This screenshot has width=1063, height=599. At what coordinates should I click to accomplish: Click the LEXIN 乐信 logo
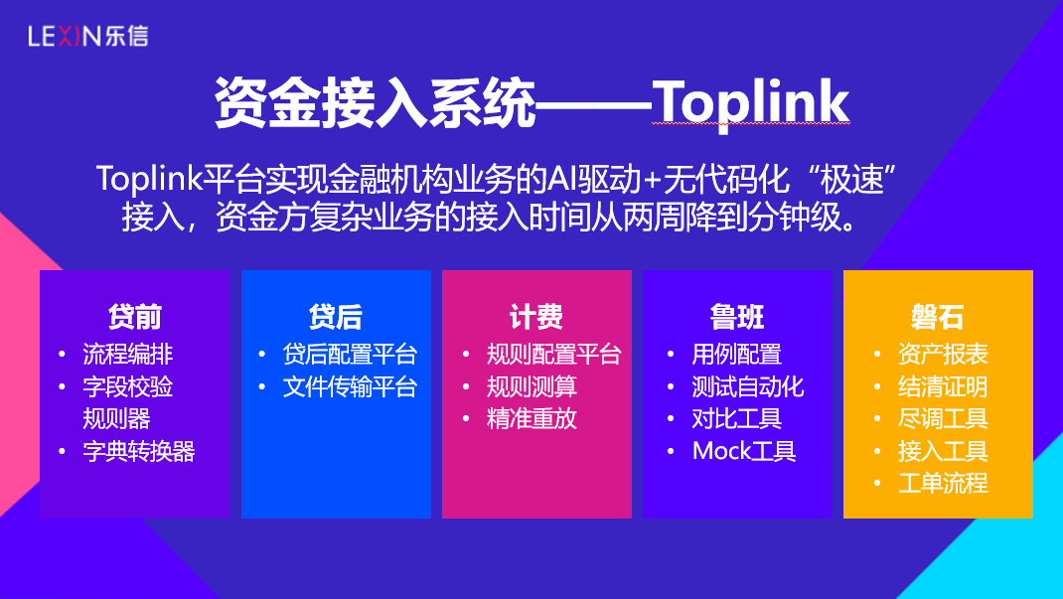(88, 36)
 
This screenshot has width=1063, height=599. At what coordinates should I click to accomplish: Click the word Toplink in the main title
(750, 103)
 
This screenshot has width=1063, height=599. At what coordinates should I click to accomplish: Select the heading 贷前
(135, 317)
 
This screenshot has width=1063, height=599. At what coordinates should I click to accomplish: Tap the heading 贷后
(336, 317)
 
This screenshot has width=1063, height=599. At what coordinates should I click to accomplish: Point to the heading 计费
(536, 317)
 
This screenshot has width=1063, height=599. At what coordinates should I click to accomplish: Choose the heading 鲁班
(737, 317)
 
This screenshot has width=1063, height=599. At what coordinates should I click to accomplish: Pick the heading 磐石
(938, 317)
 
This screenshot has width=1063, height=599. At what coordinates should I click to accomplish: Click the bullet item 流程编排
(127, 354)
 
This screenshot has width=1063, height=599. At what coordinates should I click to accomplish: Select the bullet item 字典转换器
(139, 451)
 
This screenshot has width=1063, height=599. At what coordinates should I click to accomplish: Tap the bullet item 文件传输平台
(350, 386)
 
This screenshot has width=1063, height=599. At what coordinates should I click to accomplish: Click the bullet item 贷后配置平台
(350, 354)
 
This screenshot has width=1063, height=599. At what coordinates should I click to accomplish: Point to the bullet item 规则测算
(531, 386)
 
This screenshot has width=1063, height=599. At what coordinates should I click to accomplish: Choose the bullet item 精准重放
(531, 419)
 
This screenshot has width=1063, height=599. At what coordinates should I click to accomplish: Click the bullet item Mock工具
(744, 451)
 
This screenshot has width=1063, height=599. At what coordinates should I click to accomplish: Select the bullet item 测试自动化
(748, 386)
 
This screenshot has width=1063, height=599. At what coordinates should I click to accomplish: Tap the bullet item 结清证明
(943, 386)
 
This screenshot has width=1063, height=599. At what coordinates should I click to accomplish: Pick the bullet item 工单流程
(943, 483)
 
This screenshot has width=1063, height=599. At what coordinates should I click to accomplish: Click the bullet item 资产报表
(943, 354)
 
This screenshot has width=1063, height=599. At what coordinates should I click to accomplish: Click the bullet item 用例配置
(737, 354)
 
